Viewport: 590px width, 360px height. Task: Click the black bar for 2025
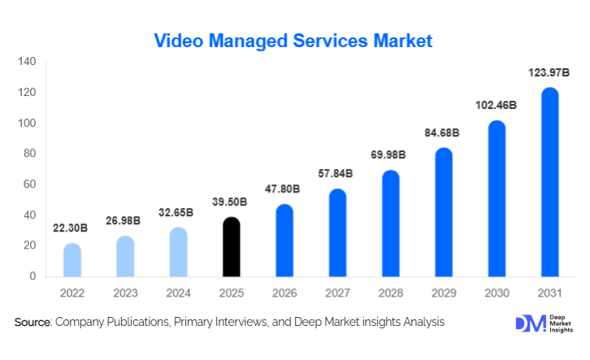coord(232,247)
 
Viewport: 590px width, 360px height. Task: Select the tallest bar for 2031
coord(549,182)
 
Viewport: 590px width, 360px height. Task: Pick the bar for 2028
coord(391,223)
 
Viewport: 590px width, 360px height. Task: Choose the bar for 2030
coord(497,198)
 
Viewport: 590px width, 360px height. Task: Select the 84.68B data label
coord(444,133)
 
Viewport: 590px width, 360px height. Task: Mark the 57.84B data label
coord(337,175)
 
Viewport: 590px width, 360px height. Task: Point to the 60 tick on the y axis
coord(29,184)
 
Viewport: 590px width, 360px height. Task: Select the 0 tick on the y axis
coord(33,276)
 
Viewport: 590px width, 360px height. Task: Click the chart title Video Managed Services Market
coord(293,40)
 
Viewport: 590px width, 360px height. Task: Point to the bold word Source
coord(33,323)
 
